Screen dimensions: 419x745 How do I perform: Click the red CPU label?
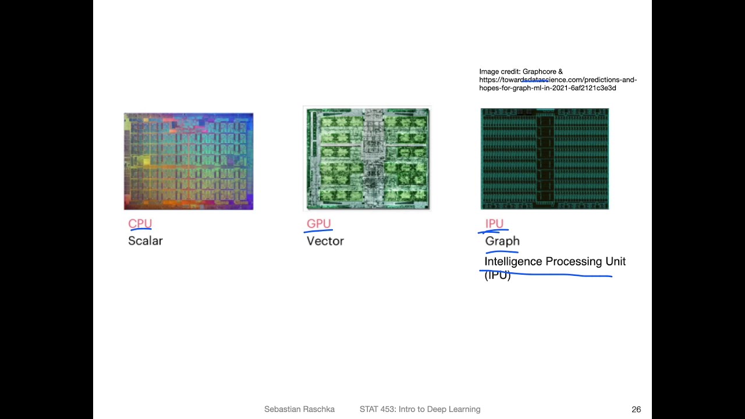pos(140,223)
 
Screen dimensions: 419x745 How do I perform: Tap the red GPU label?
pos(318,223)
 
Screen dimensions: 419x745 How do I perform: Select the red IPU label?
pos(494,223)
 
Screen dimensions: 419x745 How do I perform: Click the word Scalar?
pos(145,241)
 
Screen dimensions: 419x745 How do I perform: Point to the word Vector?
pos(325,241)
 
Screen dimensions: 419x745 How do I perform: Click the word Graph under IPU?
pos(502,241)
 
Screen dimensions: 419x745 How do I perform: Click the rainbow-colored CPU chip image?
pos(189,161)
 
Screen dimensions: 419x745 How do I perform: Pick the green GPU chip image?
pos(367,158)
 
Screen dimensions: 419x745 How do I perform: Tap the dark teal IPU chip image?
pos(544,158)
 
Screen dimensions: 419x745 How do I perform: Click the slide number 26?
pos(636,410)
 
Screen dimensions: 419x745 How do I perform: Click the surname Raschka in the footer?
pos(320,410)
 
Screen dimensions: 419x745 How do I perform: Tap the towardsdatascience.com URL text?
pos(558,80)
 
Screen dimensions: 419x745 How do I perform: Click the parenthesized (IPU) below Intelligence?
pos(497,276)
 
